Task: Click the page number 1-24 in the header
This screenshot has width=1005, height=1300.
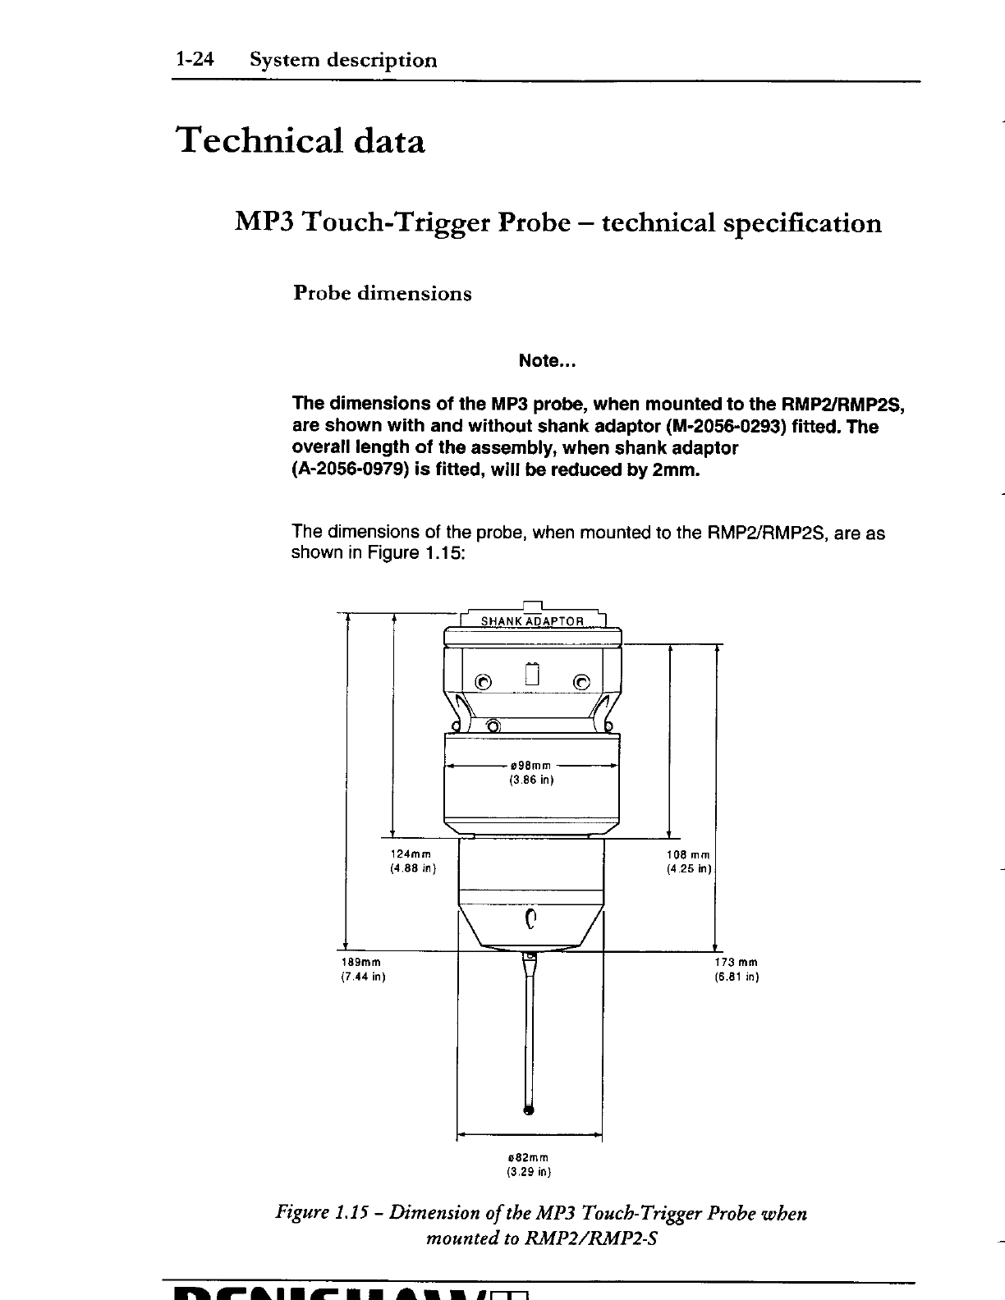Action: point(193,60)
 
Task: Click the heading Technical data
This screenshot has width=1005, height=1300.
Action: point(301,142)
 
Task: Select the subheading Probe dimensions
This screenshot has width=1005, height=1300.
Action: point(383,294)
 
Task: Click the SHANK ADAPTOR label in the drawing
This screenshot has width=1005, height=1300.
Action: point(531,620)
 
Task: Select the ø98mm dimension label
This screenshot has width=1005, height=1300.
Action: point(531,766)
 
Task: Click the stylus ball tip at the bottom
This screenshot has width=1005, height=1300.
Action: point(529,1112)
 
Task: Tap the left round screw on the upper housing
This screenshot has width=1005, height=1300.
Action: point(484,681)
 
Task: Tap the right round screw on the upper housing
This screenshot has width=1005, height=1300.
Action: point(581,681)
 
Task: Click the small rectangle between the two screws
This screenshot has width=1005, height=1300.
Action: point(532,674)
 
